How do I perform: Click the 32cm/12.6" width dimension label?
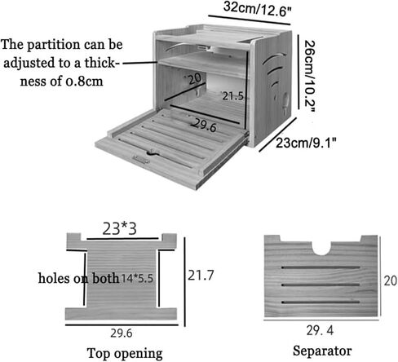pyautogui.click(x=257, y=9)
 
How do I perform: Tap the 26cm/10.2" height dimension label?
pyautogui.click(x=309, y=76)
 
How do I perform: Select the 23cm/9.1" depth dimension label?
pyautogui.click(x=306, y=143)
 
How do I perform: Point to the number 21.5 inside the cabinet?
pyautogui.click(x=232, y=96)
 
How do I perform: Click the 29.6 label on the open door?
pyautogui.click(x=206, y=126)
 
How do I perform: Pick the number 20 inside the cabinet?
pyautogui.click(x=194, y=79)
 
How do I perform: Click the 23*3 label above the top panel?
pyautogui.click(x=119, y=229)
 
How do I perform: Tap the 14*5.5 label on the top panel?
pyautogui.click(x=137, y=278)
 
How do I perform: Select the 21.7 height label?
pyautogui.click(x=201, y=276)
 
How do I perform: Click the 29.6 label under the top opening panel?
pyautogui.click(x=122, y=333)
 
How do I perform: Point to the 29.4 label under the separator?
pyautogui.click(x=320, y=331)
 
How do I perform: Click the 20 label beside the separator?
pyautogui.click(x=390, y=280)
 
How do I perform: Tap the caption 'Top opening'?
pyautogui.click(x=125, y=354)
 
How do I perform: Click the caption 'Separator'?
pyautogui.click(x=322, y=351)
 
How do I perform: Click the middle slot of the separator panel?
pyautogui.click(x=321, y=285)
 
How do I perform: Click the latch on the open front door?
pyautogui.click(x=141, y=160)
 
